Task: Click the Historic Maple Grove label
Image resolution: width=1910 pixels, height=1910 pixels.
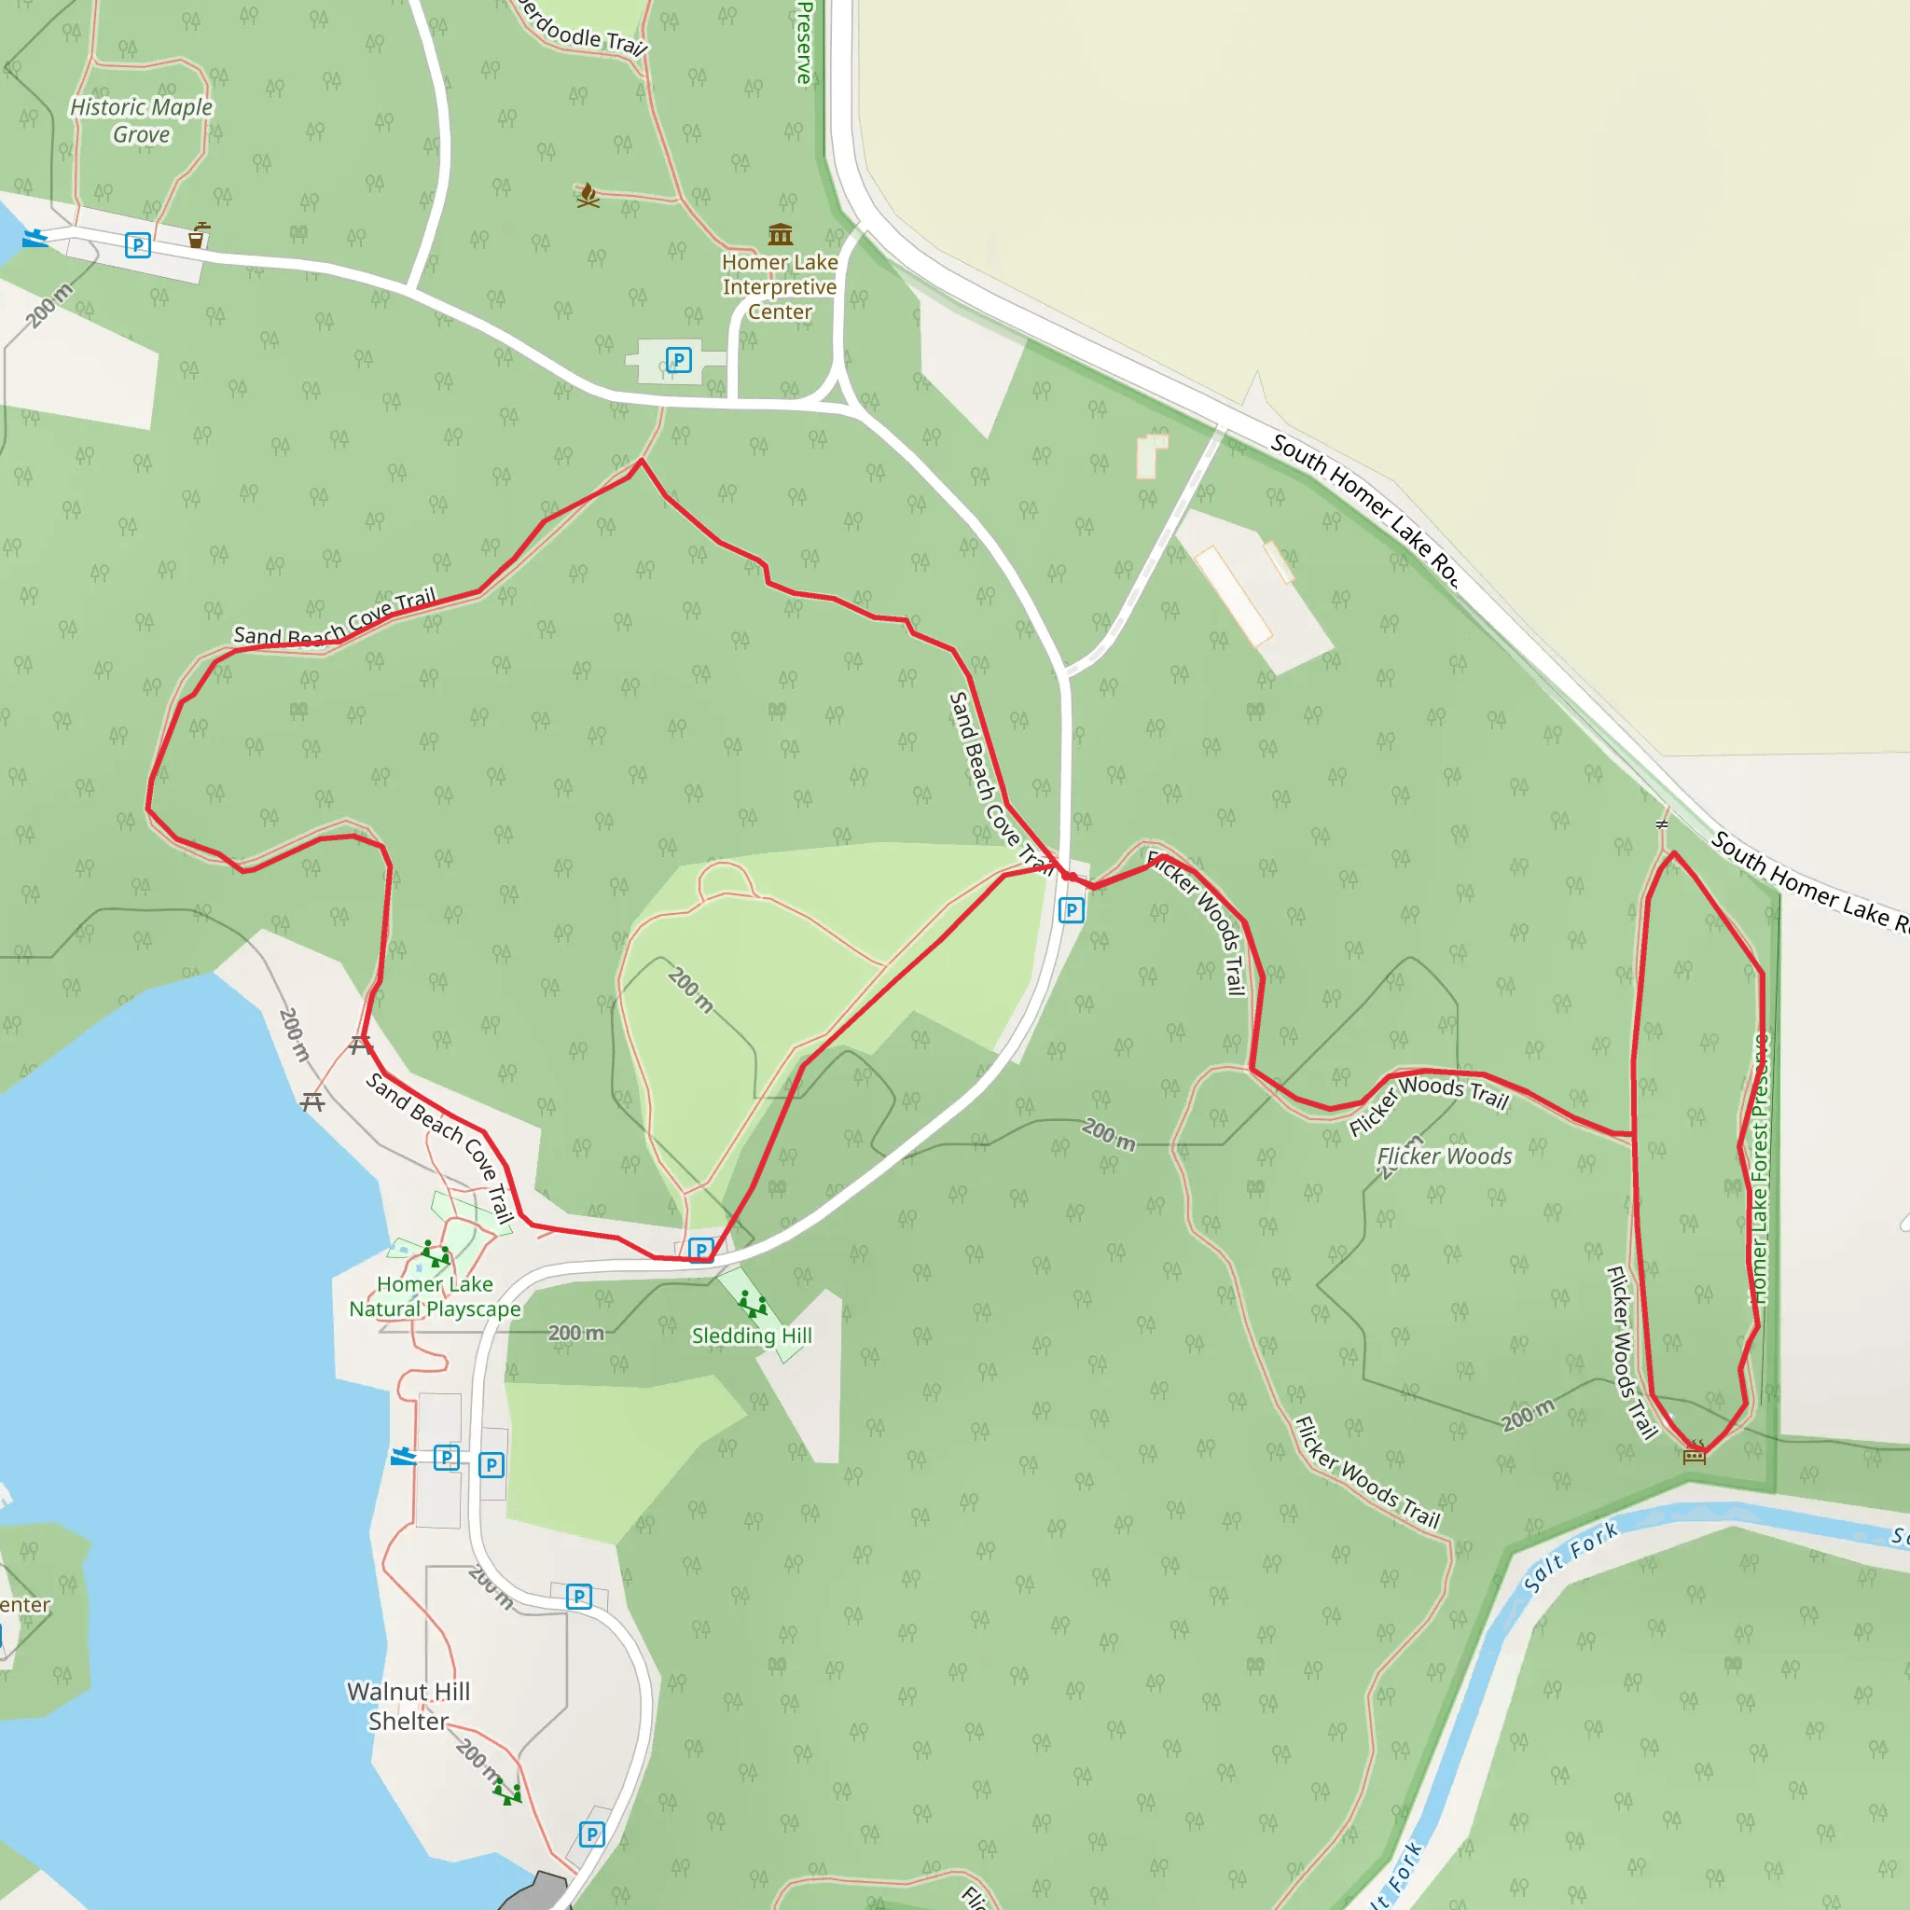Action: (142, 120)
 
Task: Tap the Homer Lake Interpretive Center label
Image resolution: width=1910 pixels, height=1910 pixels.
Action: (779, 286)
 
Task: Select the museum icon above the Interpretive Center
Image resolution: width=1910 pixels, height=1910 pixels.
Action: (780, 234)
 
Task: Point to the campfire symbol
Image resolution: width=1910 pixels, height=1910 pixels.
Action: (588, 195)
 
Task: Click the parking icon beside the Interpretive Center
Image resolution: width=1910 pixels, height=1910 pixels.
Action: (678, 360)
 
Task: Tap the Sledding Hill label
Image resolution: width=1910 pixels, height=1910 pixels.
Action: (752, 1336)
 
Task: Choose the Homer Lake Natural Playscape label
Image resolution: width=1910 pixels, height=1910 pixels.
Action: (435, 1296)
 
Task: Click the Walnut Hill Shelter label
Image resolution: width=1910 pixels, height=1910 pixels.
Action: (408, 1707)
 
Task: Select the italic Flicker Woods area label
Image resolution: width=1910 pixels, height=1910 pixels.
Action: (1445, 1156)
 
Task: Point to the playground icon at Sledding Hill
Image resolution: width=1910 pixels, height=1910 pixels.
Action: (753, 1304)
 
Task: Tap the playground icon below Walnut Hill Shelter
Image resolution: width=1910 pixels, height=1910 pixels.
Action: (508, 1792)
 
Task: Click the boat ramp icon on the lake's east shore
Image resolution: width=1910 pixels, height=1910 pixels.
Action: (402, 1456)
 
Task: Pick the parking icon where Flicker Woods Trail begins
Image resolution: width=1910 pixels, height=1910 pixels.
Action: (1071, 910)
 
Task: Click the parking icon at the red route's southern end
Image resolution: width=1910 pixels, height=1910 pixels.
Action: (701, 1251)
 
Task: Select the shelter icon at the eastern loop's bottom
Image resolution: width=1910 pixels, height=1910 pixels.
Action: (1695, 1453)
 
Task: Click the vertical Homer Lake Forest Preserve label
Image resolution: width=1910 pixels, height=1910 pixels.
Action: (1760, 1167)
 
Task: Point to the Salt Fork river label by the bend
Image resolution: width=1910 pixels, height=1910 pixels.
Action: (1570, 1557)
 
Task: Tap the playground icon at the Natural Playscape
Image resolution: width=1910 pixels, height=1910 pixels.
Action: (435, 1254)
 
